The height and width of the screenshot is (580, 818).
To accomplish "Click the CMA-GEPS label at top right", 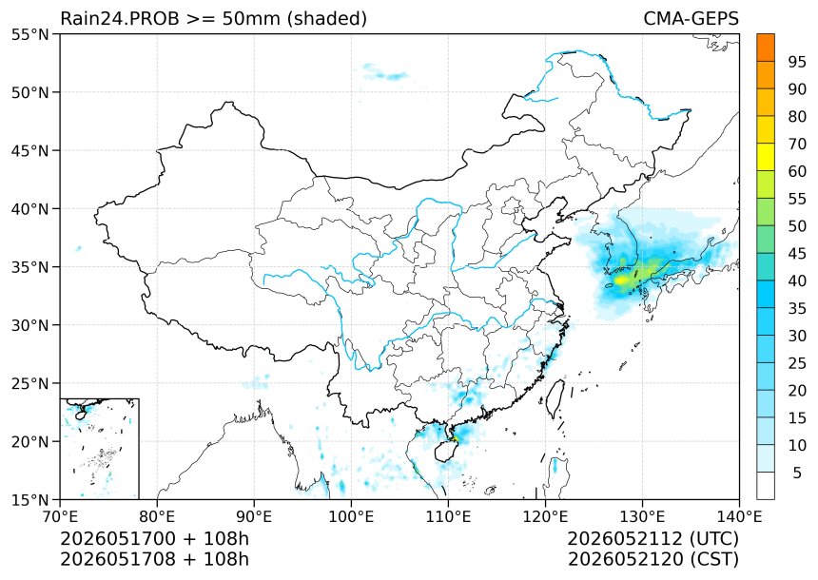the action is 691,18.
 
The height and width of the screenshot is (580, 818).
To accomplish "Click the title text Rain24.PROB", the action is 120,18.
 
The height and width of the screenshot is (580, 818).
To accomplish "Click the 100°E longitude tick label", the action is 351,516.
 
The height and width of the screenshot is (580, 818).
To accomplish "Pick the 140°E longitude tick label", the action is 739,516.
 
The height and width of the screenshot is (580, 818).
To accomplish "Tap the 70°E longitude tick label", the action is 61,516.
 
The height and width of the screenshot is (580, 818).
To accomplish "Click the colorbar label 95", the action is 797,62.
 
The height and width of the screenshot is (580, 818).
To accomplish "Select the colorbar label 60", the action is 797,171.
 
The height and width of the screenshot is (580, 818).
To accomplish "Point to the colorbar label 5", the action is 797,473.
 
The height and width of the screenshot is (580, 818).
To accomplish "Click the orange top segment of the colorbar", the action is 766,48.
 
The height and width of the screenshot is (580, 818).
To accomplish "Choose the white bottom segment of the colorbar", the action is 766,486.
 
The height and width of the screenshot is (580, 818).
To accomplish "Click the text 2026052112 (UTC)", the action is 653,538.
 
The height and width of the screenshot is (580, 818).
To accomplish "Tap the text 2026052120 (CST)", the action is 653,559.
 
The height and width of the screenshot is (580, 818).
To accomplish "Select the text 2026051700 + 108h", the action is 155,538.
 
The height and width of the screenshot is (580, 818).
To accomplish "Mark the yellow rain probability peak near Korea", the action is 621,280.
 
